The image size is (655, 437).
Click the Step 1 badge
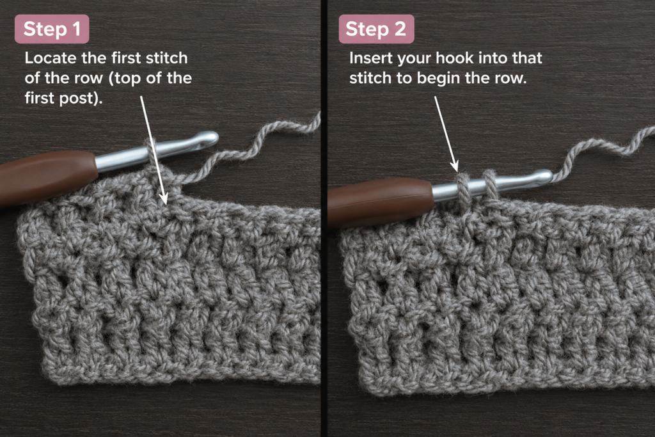pos(52,29)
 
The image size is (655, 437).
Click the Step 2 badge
pos(376,29)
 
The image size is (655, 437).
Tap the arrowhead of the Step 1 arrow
pos(164,198)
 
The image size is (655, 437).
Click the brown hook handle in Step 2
pos(380,203)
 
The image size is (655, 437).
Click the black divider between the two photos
pos(324,219)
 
